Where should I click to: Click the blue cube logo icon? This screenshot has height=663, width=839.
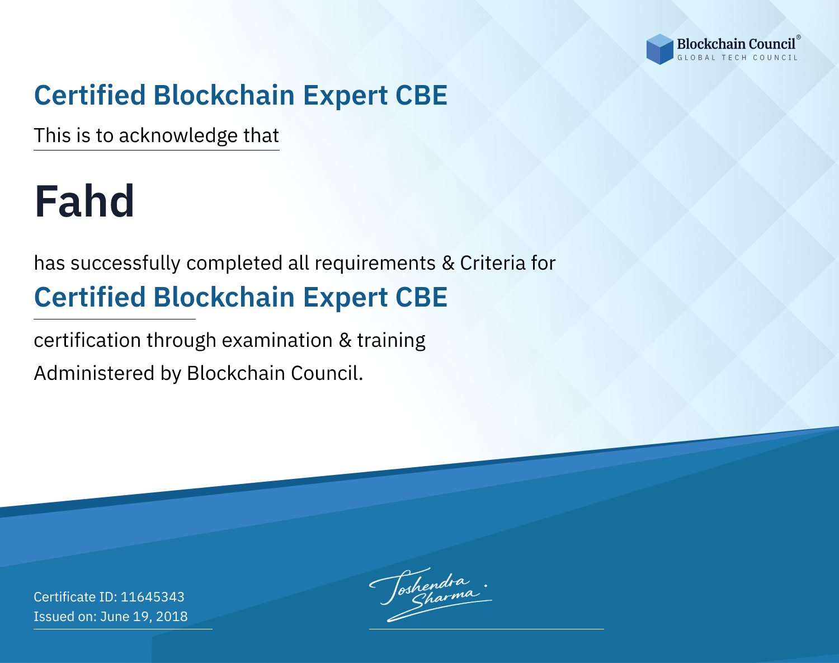pos(659,49)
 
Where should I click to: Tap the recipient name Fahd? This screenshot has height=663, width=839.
pos(84,201)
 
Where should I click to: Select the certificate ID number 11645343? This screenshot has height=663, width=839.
pos(153,596)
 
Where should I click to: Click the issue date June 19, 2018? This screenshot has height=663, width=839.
pos(144,617)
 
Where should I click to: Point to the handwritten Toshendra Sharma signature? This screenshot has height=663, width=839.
pos(430,595)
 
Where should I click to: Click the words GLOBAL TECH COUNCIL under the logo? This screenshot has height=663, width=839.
pos(738,58)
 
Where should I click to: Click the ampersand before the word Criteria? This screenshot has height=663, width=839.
pos(448,264)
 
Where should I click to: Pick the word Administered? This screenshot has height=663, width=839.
pos(94,373)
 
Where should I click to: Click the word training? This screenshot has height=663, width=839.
pos(391,341)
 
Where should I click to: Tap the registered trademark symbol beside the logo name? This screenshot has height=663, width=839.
pos(799,37)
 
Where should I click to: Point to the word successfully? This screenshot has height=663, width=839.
pos(125,264)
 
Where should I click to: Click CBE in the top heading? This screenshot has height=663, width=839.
pos(421,95)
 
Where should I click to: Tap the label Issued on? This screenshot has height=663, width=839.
pos(65,617)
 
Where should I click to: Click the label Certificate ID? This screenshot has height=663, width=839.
pos(76,596)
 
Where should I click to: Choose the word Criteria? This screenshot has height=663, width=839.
pos(492,264)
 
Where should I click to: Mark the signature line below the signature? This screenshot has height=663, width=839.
pos(487,629)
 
